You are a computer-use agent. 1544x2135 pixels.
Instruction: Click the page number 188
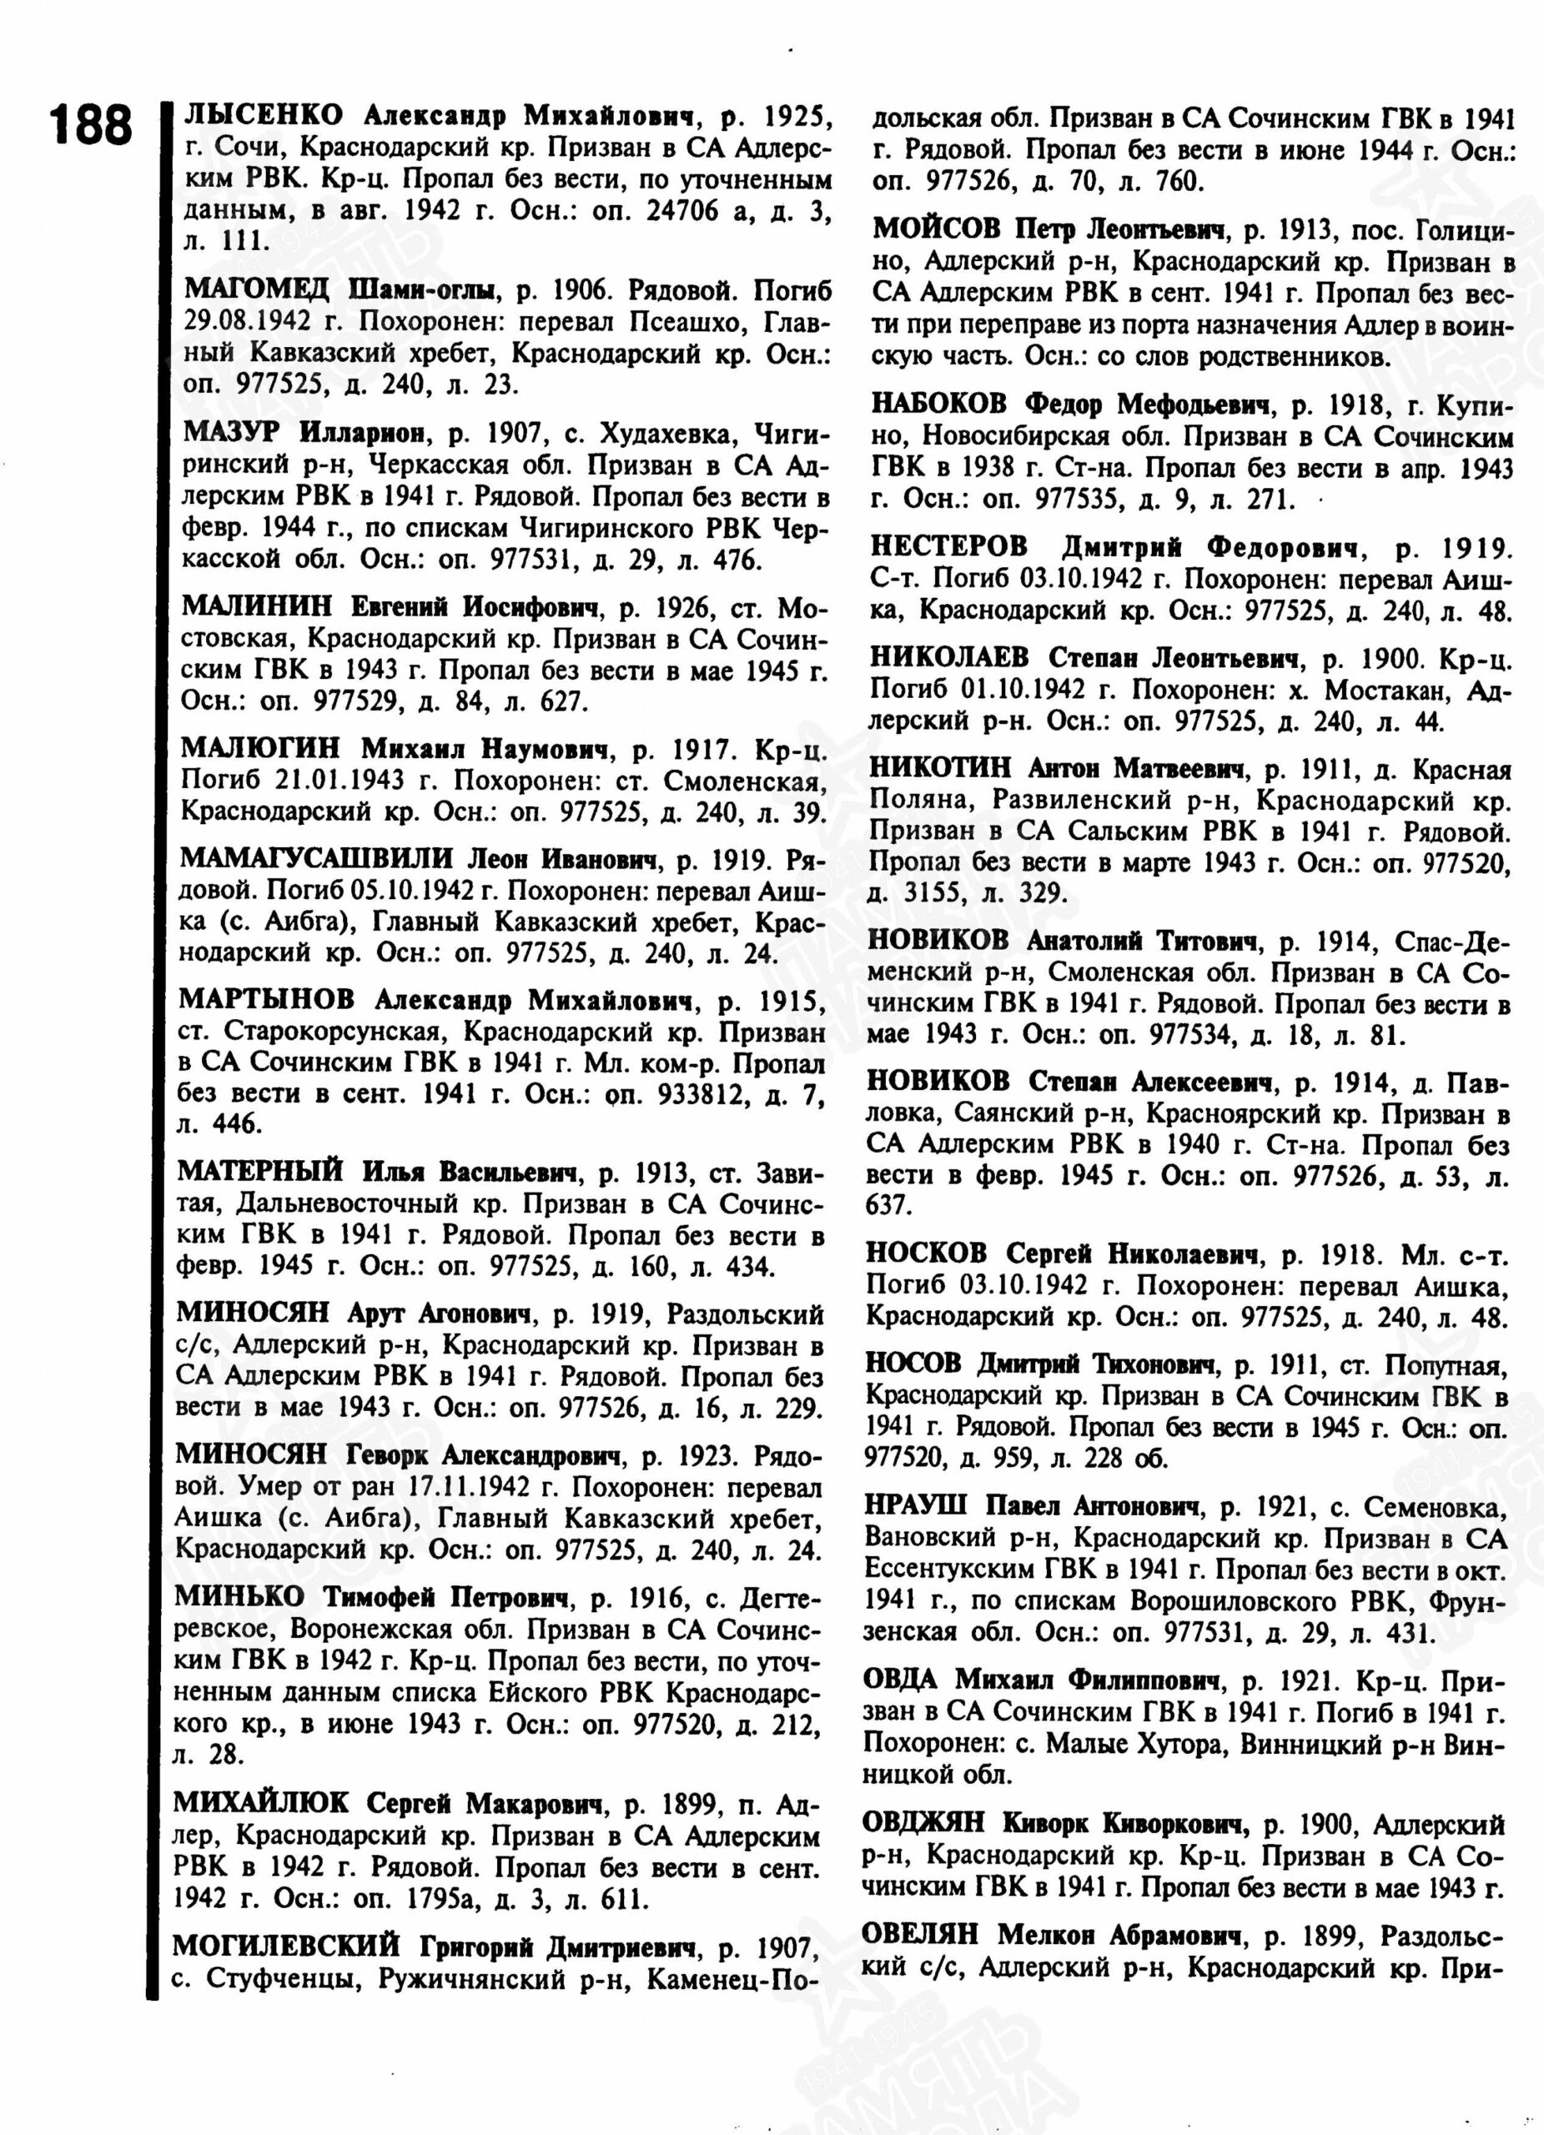point(91,125)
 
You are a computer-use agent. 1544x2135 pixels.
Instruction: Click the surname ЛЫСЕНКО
point(264,116)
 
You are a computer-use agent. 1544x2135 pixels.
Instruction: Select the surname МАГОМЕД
point(256,289)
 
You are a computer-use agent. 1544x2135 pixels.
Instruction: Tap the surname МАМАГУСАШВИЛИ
point(316,858)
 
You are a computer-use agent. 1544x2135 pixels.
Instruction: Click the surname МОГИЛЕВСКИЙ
point(286,1945)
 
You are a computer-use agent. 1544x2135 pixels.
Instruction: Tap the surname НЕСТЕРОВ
point(949,546)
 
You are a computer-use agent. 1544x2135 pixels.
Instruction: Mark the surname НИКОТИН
point(939,768)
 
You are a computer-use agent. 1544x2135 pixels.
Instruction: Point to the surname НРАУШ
point(916,1505)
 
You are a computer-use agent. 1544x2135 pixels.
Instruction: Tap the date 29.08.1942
point(246,321)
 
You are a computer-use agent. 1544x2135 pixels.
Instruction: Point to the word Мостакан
point(1388,690)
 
